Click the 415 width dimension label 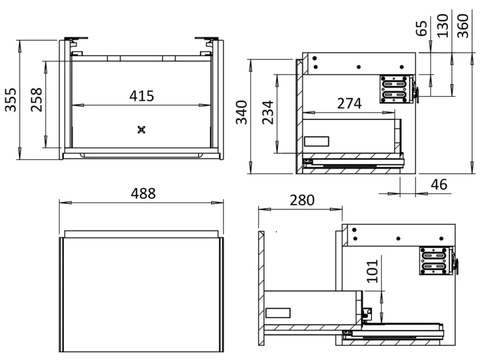141,95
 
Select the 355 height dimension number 11,99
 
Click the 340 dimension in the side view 241,112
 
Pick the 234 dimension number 268,113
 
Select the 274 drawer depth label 349,103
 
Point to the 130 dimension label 442,25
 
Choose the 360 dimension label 463,25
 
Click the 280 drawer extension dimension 302,200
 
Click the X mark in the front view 141,129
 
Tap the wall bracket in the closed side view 395,89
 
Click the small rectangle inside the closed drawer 316,141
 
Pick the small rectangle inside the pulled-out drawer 278,313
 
